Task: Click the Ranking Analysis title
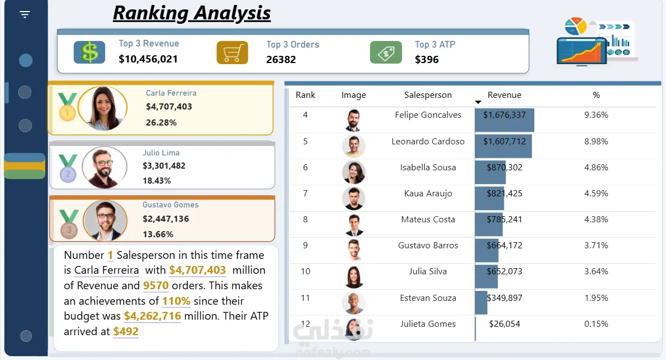pos(192,12)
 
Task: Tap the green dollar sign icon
pos(89,53)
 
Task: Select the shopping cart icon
pos(232,53)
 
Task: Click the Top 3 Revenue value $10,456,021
pos(148,59)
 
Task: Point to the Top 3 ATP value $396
pos(426,59)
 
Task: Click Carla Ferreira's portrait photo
pos(103,108)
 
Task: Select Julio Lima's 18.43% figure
pos(157,181)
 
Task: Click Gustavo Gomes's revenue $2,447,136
pos(165,219)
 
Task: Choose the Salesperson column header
pos(428,95)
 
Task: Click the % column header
pos(596,95)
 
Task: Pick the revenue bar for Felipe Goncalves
pos(504,120)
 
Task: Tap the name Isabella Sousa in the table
pos(428,168)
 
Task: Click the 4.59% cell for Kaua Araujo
pos(596,194)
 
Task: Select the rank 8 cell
pos(305,220)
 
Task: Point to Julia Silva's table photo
pos(353,276)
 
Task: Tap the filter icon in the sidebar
pos(25,14)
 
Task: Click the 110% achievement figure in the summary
pos(176,301)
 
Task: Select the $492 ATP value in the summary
pos(126,332)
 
